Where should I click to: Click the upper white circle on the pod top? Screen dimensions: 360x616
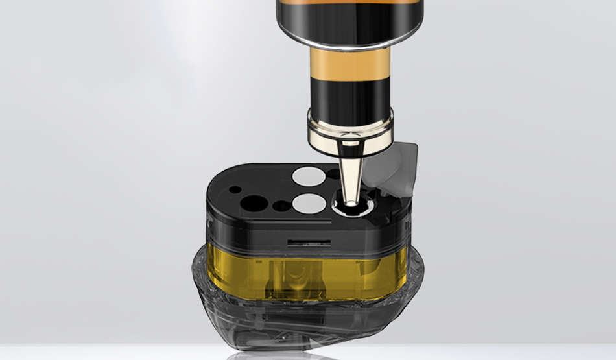point(308,175)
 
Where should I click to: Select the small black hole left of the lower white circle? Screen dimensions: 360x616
point(282,206)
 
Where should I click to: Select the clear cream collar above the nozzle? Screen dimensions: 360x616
point(351,126)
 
